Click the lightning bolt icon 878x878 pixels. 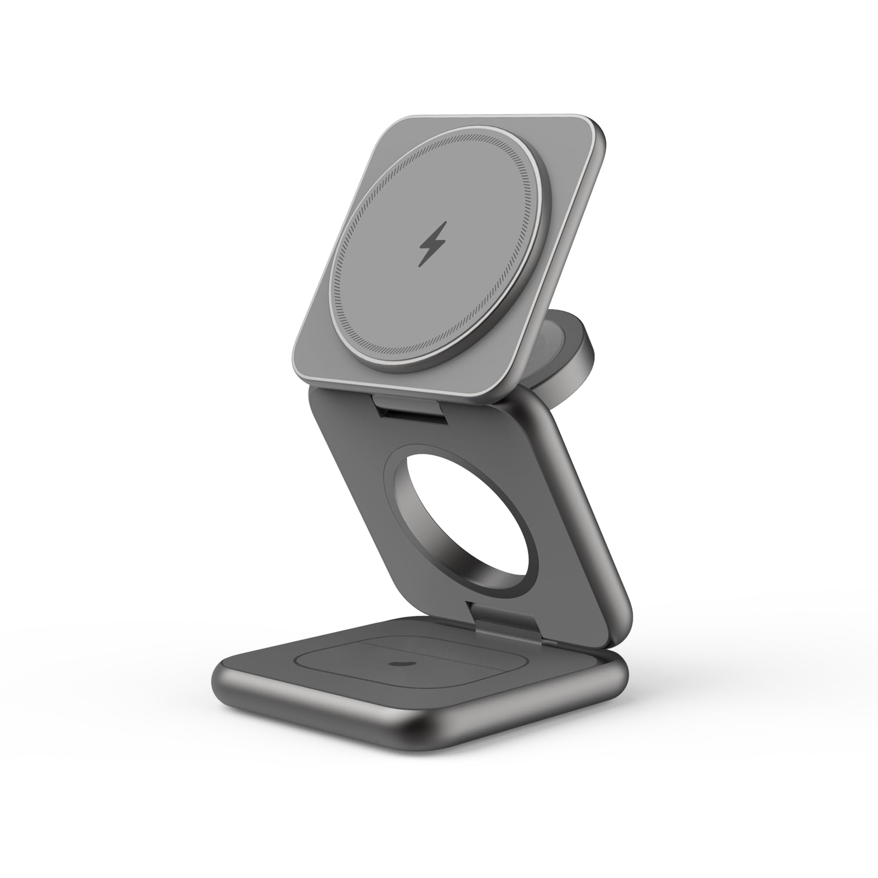coord(433,244)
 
